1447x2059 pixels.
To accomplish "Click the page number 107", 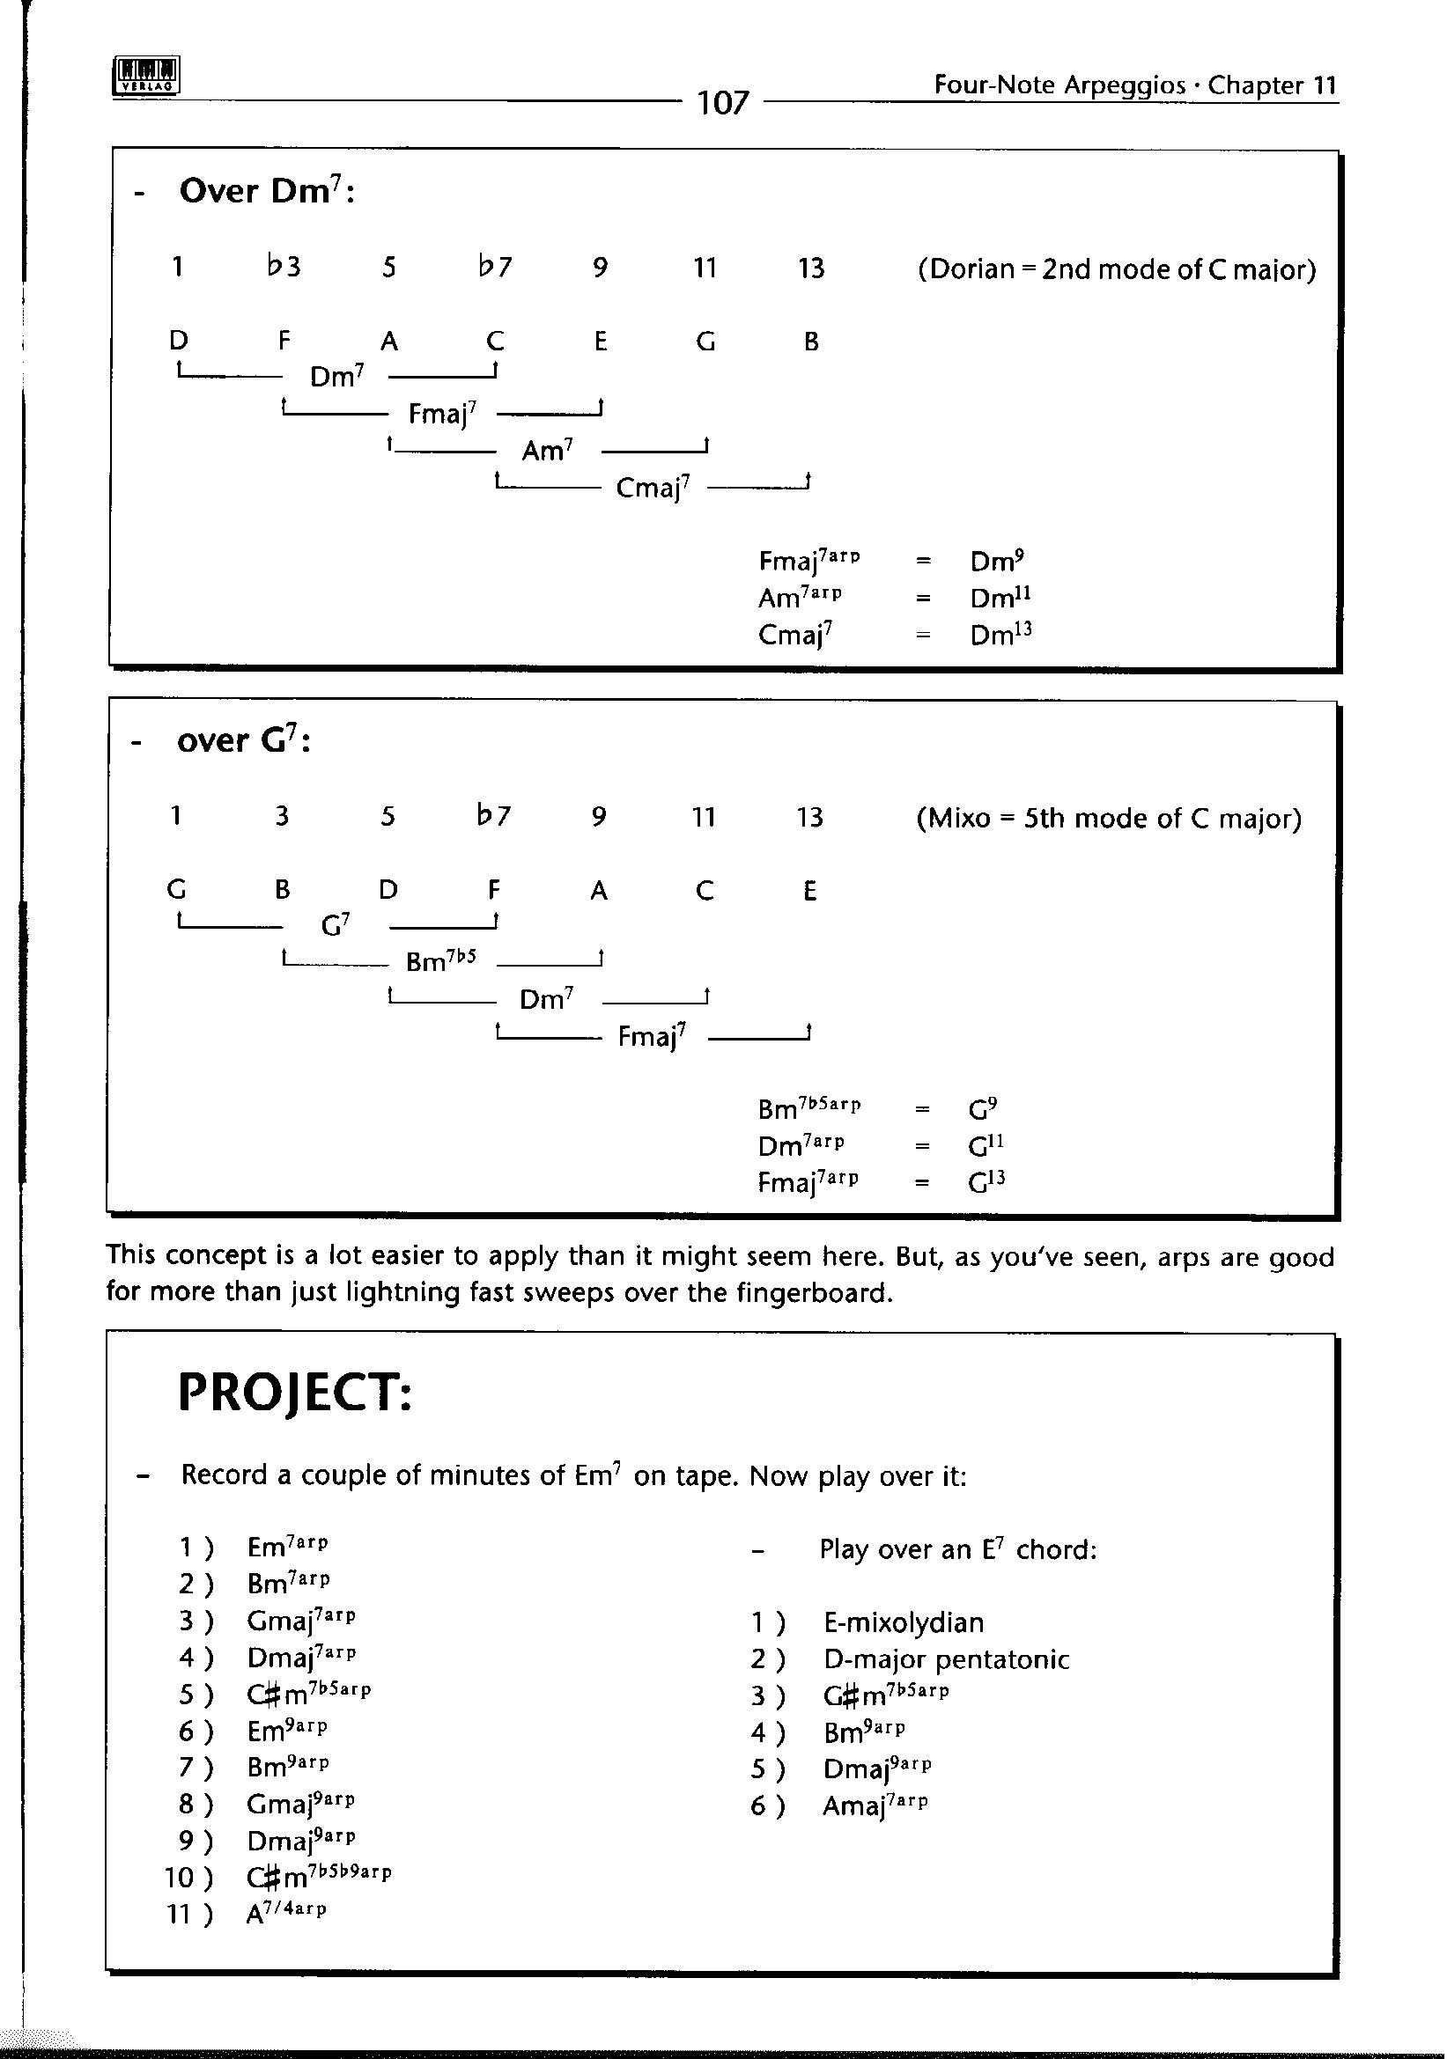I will pyautogui.click(x=722, y=103).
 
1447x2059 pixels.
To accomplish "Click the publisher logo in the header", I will pyautogui.click(x=147, y=76).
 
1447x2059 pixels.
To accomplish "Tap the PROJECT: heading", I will pyautogui.click(x=295, y=1393).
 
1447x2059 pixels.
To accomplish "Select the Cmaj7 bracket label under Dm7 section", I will pyautogui.click(x=653, y=488).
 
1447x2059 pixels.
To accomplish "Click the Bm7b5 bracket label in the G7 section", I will pyautogui.click(x=440, y=961).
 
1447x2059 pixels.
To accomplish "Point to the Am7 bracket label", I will pyautogui.click(x=547, y=450).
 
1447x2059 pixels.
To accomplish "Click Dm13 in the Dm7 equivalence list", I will pyautogui.click(x=1001, y=634).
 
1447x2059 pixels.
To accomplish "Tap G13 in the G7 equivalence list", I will pyautogui.click(x=986, y=1182).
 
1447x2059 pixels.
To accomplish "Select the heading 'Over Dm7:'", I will pyautogui.click(x=267, y=191).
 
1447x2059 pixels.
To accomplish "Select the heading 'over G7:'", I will pyautogui.click(x=243, y=740).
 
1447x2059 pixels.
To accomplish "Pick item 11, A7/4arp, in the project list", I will pyautogui.click(x=286, y=1914).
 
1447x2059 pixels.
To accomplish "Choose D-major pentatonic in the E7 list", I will pyautogui.click(x=947, y=1659).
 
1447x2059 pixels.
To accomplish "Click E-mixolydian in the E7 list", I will pyautogui.click(x=904, y=1622).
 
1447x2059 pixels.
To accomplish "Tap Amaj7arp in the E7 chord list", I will pyautogui.click(x=875, y=1805).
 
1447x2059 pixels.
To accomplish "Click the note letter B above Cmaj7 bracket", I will pyautogui.click(x=811, y=342).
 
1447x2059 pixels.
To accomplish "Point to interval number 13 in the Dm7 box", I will pyautogui.click(x=811, y=268).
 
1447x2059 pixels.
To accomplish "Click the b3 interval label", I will pyautogui.click(x=284, y=267).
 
